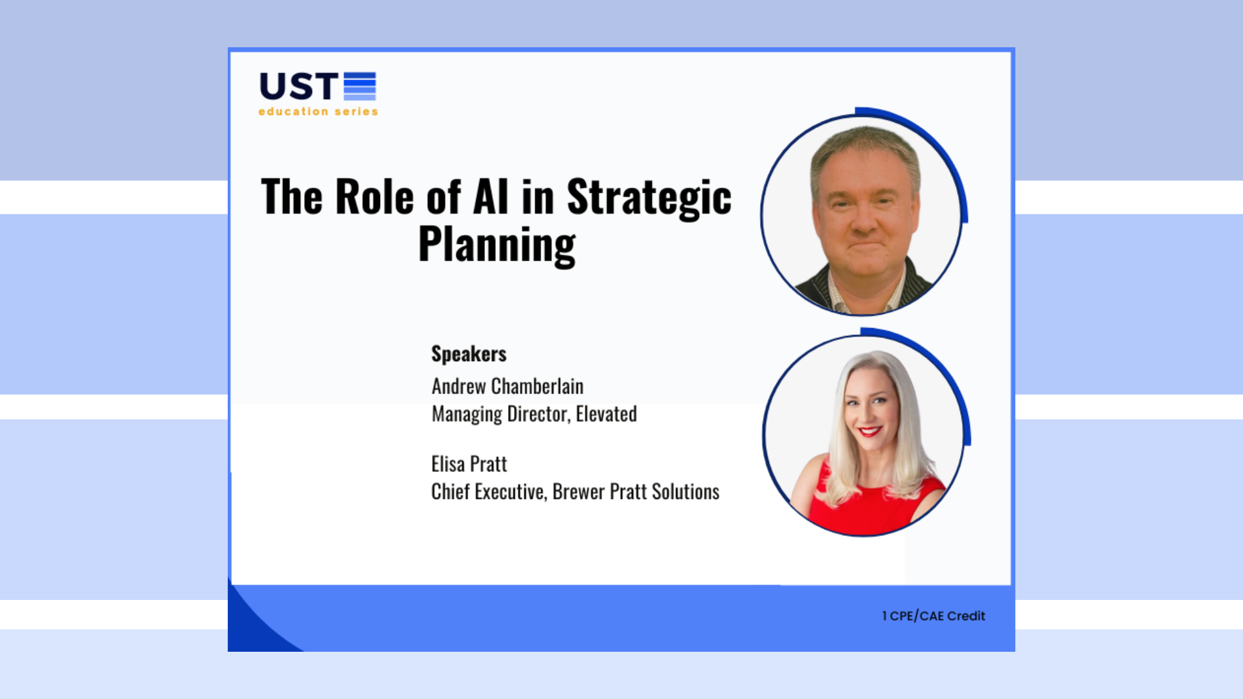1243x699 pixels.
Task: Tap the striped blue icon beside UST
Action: pyautogui.click(x=359, y=87)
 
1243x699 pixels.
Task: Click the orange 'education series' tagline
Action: pyautogui.click(x=318, y=111)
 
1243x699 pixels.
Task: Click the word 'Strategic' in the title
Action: pyautogui.click(x=649, y=197)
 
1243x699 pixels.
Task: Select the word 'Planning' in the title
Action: pyautogui.click(x=497, y=245)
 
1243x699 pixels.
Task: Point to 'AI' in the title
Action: pyautogui.click(x=491, y=197)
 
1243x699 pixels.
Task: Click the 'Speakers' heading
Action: pyautogui.click(x=469, y=354)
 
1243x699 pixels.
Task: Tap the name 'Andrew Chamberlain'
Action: pyautogui.click(x=508, y=386)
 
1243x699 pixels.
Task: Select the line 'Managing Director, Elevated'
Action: pyautogui.click(x=534, y=414)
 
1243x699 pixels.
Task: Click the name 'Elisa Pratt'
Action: pyautogui.click(x=469, y=464)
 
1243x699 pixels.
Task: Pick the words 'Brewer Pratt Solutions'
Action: pyautogui.click(x=636, y=492)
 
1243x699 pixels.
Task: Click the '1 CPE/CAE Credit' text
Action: pyautogui.click(x=933, y=616)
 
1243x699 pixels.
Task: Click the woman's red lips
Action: pyautogui.click(x=869, y=431)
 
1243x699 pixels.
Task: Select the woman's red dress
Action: pyautogui.click(x=868, y=505)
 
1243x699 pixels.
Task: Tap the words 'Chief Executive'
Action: pyautogui.click(x=488, y=492)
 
